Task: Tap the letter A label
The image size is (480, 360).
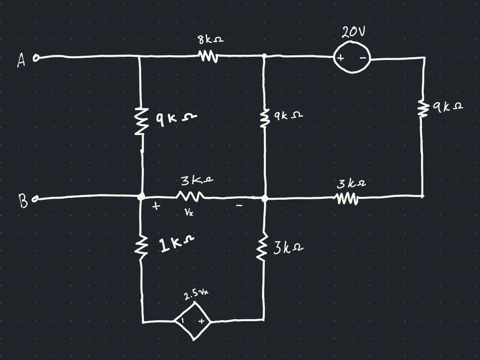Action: pyautogui.click(x=22, y=60)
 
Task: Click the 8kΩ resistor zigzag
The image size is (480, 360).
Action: pyautogui.click(x=208, y=57)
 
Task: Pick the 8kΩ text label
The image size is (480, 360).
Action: pyautogui.click(x=211, y=40)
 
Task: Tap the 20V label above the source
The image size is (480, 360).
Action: pyautogui.click(x=353, y=32)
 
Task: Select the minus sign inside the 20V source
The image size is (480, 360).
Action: pyautogui.click(x=362, y=58)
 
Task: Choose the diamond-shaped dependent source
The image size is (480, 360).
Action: pyautogui.click(x=192, y=321)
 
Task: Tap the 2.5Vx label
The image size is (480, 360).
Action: pyautogui.click(x=196, y=294)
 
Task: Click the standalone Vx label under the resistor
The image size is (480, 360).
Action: pyautogui.click(x=188, y=212)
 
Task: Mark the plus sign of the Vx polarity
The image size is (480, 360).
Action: pyautogui.click(x=156, y=206)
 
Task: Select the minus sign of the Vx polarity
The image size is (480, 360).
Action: pyautogui.click(x=239, y=205)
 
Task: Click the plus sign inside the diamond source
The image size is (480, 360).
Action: pyautogui.click(x=201, y=322)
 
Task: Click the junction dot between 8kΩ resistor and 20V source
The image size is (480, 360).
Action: pyautogui.click(x=264, y=56)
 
